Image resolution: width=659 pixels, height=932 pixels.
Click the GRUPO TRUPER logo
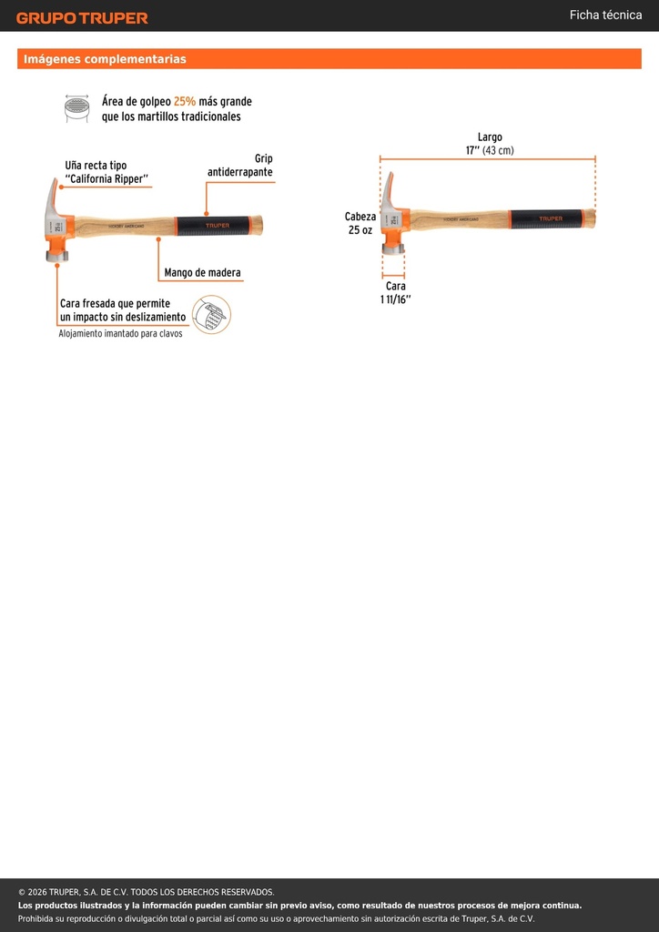[x=82, y=18]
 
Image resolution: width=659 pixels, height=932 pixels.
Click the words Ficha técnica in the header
[x=605, y=15]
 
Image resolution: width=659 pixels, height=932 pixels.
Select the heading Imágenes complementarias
[x=106, y=59]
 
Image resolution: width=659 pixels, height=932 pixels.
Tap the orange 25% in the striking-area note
[x=184, y=102]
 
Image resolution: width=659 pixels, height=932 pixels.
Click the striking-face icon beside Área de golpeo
[x=76, y=109]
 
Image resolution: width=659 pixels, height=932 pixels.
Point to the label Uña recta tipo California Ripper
[x=106, y=172]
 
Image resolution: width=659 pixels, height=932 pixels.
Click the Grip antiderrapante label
[x=240, y=166]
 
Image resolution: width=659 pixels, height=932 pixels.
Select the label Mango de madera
[x=203, y=273]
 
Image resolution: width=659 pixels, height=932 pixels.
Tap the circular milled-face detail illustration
[x=211, y=314]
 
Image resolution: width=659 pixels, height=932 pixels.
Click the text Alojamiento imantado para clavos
[x=121, y=333]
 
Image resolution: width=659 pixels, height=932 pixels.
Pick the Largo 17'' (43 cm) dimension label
[x=490, y=144]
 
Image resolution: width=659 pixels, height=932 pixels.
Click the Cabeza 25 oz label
[x=360, y=224]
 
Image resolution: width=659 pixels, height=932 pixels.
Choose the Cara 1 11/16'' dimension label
[x=396, y=292]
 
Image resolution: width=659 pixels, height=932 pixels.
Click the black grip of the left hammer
[x=213, y=226]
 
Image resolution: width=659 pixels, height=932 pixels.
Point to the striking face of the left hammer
[x=57, y=257]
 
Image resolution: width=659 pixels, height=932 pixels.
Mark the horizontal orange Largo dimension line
[x=487, y=159]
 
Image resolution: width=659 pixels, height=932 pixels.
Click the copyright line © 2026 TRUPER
[x=147, y=892]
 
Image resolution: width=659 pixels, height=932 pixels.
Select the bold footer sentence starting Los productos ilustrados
[x=299, y=906]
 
